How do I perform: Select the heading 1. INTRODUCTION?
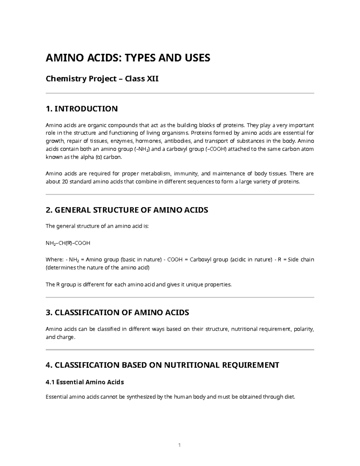point(82,109)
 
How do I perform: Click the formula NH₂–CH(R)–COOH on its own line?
point(68,243)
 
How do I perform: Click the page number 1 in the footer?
point(179,445)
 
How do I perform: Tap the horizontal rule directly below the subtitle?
point(180,93)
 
